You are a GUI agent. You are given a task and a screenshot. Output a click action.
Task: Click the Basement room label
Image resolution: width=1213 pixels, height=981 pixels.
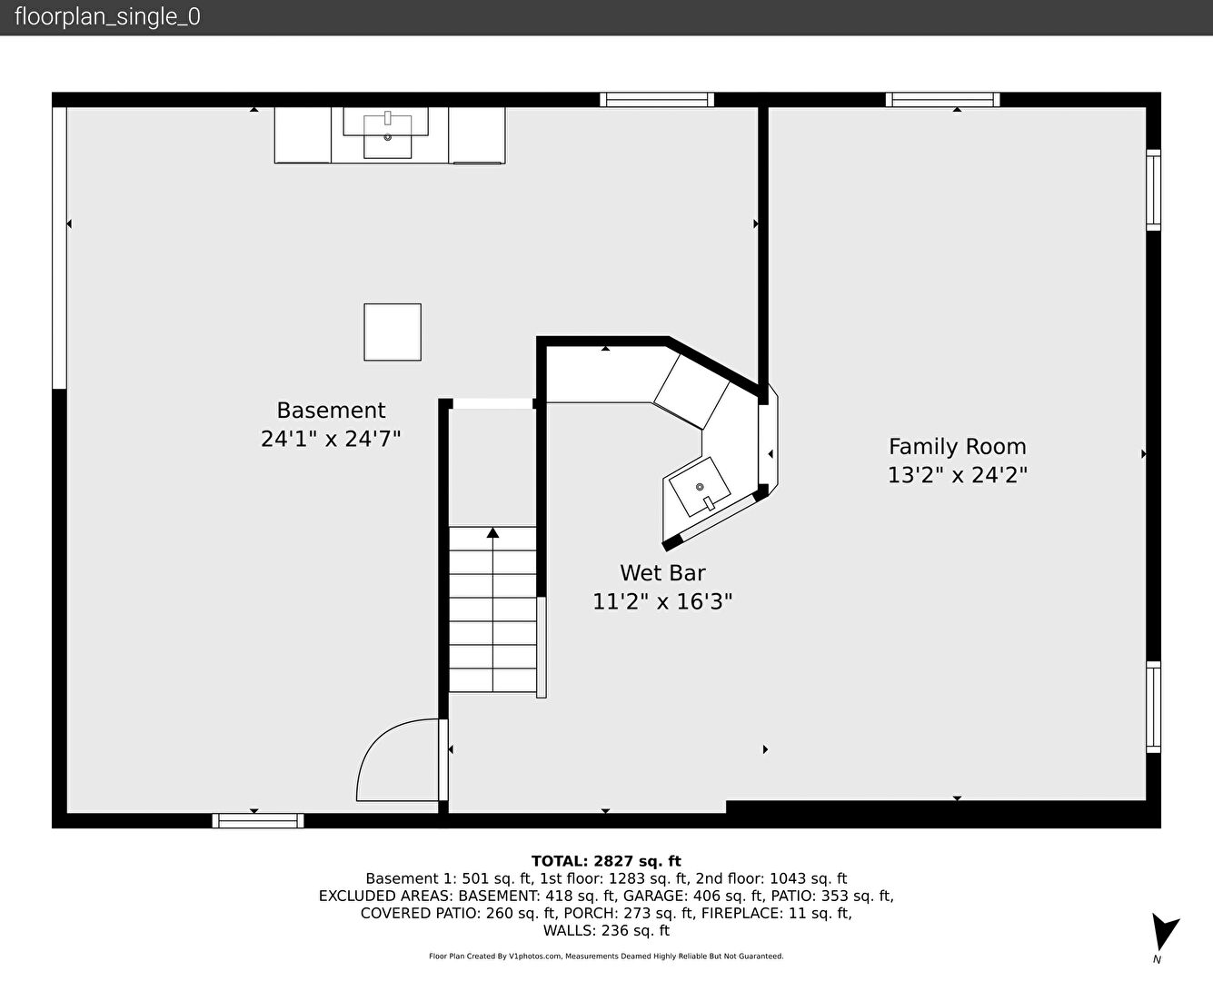pos(331,410)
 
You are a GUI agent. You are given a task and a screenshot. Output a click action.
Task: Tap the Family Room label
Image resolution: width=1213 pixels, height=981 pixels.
pos(958,446)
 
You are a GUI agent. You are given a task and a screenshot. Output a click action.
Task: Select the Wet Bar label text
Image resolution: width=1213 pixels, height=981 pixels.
pos(662,573)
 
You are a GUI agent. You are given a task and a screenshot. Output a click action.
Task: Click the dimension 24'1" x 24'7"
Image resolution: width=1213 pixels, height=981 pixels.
pos(331,439)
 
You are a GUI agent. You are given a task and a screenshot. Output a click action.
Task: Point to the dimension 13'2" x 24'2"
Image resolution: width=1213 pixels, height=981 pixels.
pos(958,475)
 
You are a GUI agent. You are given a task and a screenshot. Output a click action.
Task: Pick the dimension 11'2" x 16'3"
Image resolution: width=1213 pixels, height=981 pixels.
pos(662,601)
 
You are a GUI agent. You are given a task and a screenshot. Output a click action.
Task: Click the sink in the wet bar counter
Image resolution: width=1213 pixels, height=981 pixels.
pos(700,487)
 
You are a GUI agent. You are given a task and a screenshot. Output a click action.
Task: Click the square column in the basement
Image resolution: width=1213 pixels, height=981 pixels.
pos(393,332)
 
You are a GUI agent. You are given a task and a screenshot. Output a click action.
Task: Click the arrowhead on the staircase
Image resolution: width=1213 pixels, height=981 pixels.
pos(492,532)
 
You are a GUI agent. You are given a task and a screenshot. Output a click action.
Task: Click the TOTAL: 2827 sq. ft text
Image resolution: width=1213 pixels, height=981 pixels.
pos(606,861)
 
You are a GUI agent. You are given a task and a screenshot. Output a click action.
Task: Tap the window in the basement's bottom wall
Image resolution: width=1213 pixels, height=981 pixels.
pos(258,820)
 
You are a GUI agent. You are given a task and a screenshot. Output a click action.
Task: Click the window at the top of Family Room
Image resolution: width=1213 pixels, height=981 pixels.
pos(942,100)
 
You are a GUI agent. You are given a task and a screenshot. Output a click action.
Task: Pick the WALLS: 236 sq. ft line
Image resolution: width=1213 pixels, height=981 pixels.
pos(606,931)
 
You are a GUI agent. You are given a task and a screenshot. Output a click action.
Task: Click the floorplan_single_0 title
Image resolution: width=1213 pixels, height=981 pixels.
pos(107,17)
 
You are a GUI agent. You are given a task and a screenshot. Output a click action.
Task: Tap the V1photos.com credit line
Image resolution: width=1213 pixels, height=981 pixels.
pos(606,956)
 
